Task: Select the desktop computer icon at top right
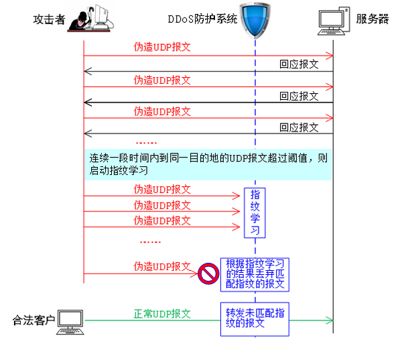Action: click(334, 20)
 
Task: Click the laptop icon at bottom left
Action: click(70, 322)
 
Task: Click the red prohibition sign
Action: click(208, 274)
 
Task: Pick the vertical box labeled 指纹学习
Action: click(255, 212)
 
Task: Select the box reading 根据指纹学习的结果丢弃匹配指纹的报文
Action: click(255, 274)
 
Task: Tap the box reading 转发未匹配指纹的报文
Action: click(255, 318)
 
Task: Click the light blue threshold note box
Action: click(207, 164)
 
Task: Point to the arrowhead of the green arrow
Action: click(329, 320)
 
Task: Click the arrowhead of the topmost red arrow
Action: click(329, 56)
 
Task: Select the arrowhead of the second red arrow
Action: click(329, 87)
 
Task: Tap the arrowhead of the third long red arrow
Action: click(329, 118)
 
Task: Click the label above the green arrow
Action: click(162, 312)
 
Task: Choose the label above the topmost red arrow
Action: click(162, 47)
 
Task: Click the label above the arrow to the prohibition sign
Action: click(162, 265)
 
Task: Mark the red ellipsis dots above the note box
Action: click(146, 142)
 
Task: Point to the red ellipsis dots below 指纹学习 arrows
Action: click(150, 242)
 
